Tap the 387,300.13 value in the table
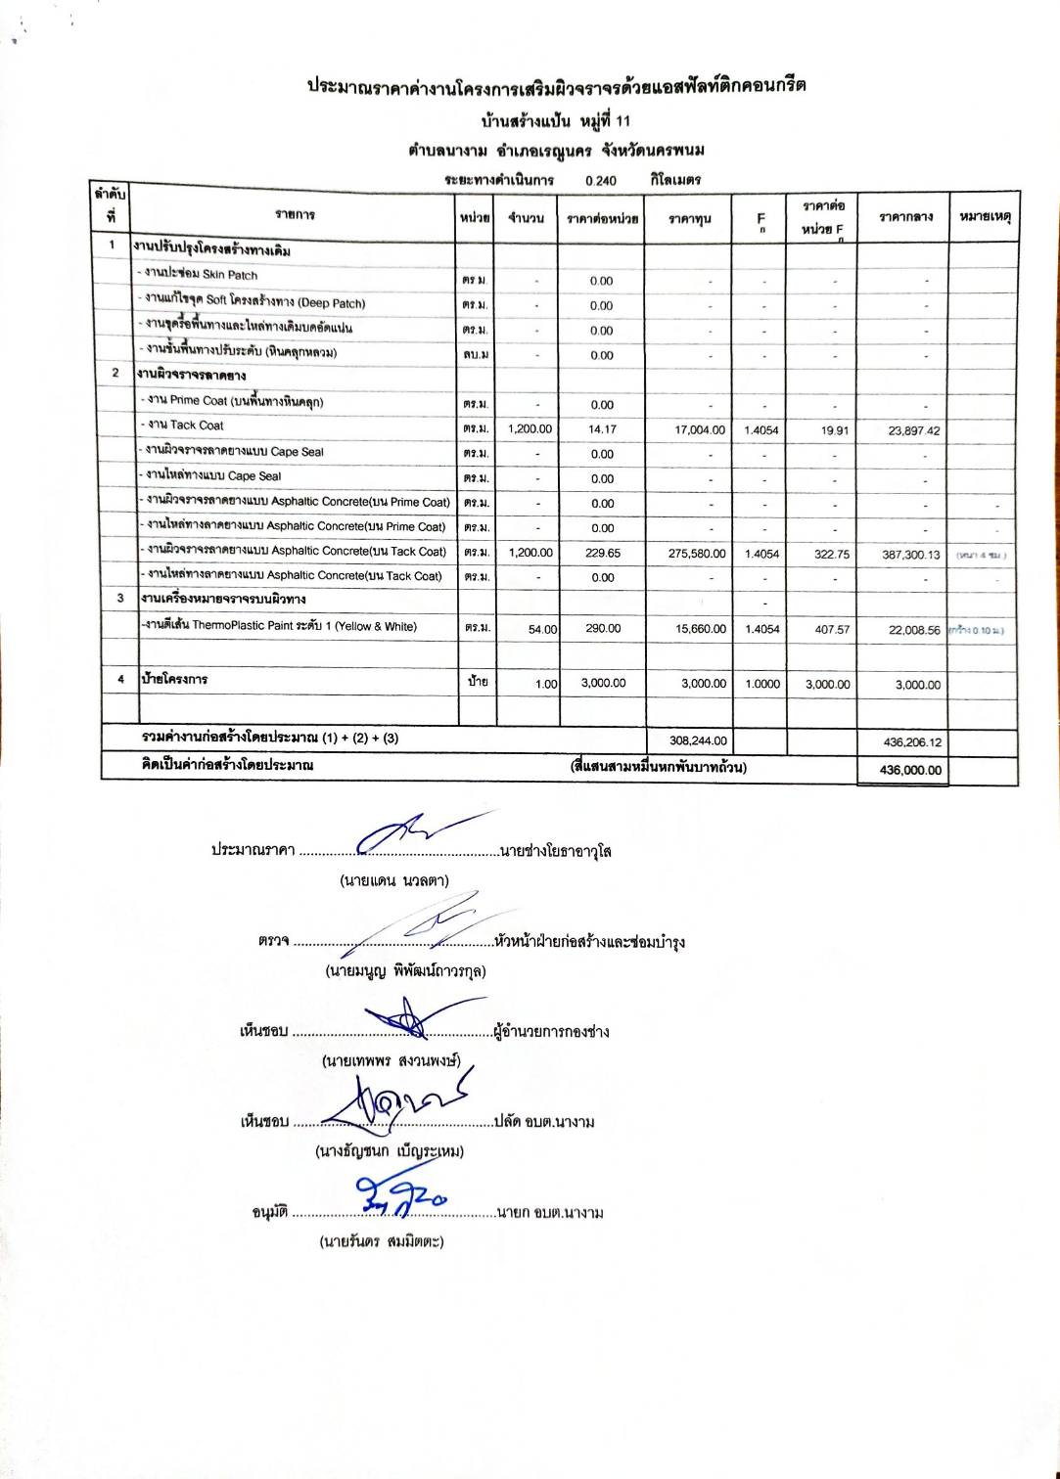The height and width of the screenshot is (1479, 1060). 910,554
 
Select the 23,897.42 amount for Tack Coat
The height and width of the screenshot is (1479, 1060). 912,430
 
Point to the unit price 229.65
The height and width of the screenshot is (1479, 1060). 603,553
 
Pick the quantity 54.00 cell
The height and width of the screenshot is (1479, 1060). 542,629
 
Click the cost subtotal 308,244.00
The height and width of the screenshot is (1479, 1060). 697,740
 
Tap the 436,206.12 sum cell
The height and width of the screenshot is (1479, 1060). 910,742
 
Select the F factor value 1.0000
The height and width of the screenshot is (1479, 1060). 762,684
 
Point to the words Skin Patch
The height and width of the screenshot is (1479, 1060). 229,275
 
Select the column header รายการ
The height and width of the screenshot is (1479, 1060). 295,214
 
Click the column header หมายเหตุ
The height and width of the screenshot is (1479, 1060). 985,216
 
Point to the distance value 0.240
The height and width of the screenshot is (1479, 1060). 601,180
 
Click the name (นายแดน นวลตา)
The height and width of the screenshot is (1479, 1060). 394,880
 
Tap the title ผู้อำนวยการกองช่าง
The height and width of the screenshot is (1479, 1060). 552,1032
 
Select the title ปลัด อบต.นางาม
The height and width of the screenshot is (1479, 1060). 545,1122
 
